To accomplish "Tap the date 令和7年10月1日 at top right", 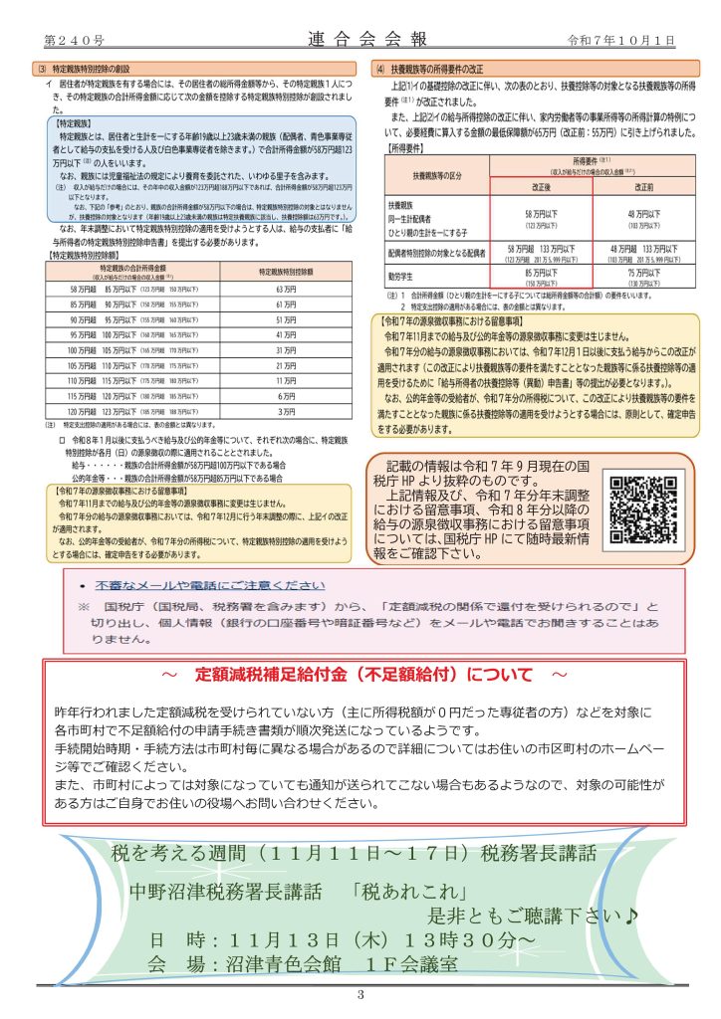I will pos(620,40).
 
